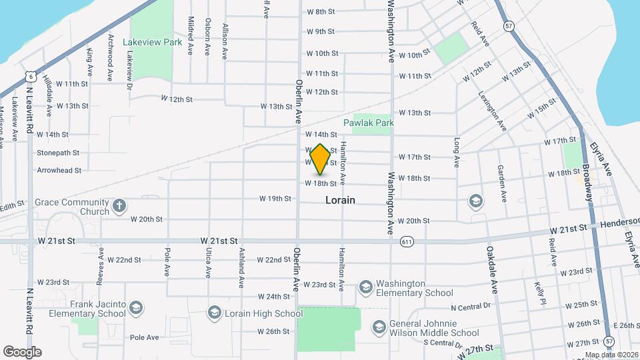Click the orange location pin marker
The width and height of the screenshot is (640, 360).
click(320, 159)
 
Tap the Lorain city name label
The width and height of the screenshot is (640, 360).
click(340, 200)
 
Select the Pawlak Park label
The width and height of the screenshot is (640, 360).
click(369, 123)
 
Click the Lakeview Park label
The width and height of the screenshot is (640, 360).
click(153, 42)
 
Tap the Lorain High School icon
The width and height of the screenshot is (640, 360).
click(214, 312)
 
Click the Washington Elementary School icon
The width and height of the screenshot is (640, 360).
click(365, 287)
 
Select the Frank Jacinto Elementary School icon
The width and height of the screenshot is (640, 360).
click(136, 307)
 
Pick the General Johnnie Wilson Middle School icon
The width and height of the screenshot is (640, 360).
click(379, 327)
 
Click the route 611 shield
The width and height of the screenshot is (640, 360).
click(406, 241)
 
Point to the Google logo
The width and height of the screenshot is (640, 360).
click(22, 351)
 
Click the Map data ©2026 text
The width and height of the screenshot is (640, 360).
click(611, 355)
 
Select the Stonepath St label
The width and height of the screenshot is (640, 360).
click(58, 153)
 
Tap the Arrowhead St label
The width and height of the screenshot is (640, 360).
click(59, 170)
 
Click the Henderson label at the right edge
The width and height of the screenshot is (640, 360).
click(620, 227)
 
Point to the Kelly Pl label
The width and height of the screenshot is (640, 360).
click(539, 290)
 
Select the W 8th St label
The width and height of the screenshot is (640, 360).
click(320, 12)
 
